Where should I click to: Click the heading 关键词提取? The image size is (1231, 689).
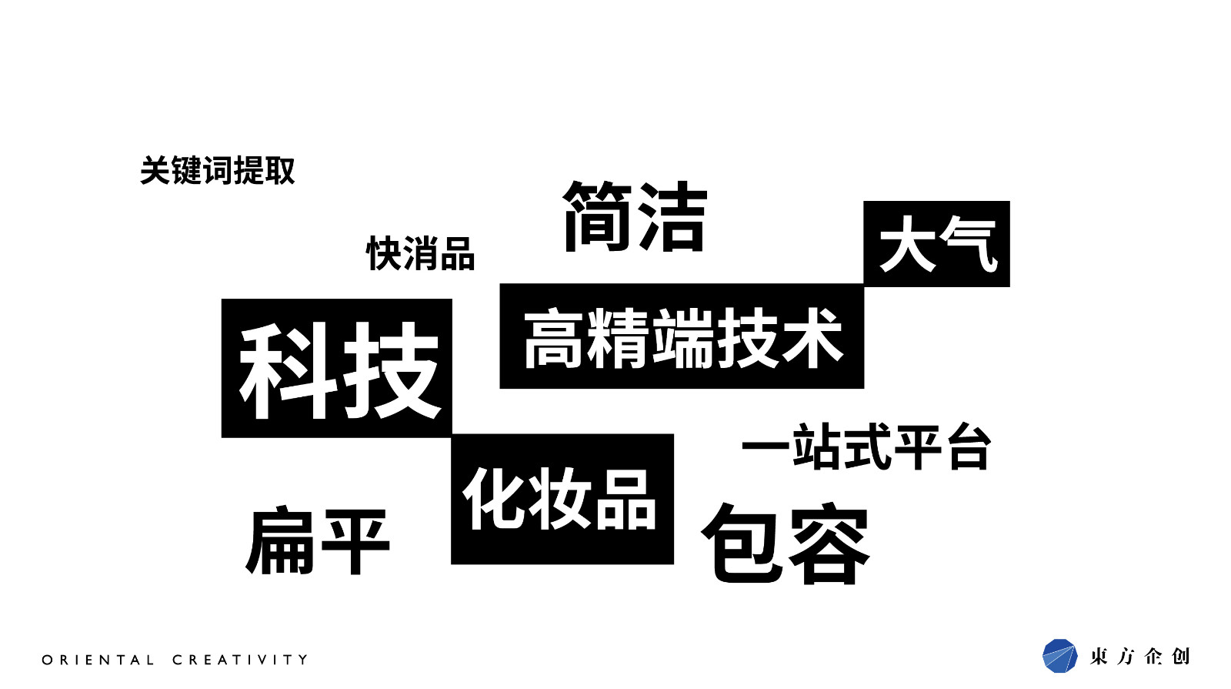tap(218, 171)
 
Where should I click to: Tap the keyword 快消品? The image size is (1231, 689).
tap(420, 254)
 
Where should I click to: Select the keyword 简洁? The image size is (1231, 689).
tap(635, 217)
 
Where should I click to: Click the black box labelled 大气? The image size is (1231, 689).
tap(936, 244)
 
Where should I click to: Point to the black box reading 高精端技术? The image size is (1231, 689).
tap(682, 336)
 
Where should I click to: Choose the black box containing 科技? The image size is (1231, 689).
tap(336, 368)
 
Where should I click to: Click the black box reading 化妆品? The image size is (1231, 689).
tap(562, 499)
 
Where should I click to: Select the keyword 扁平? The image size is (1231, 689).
tap(318, 541)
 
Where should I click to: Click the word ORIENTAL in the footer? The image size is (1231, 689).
tap(98, 660)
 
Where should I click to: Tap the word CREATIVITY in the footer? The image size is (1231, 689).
tap(240, 660)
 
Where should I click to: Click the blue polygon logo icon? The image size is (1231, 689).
tap(1059, 656)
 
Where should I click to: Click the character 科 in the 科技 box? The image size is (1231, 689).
tap(285, 370)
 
